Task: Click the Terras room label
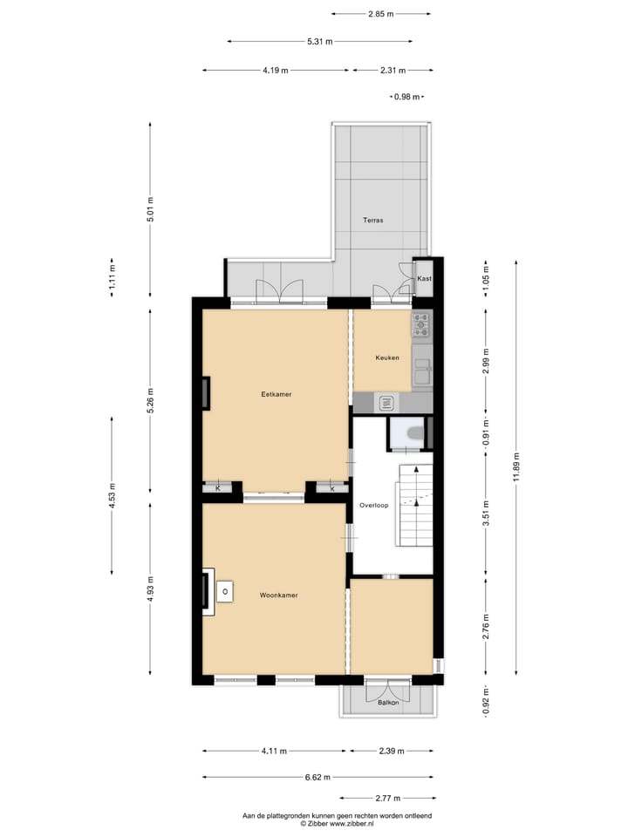(x=372, y=221)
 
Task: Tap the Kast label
(x=424, y=278)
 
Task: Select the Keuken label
(x=387, y=358)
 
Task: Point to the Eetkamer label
(x=276, y=394)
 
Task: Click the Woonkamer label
(x=279, y=595)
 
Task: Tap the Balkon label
(x=388, y=702)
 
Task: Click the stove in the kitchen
(x=422, y=326)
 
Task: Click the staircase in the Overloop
(x=415, y=506)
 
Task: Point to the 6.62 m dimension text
(x=317, y=777)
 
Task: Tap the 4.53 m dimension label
(x=112, y=496)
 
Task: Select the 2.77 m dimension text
(x=387, y=798)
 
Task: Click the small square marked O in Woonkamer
(x=225, y=592)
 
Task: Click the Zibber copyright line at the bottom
(x=337, y=823)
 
